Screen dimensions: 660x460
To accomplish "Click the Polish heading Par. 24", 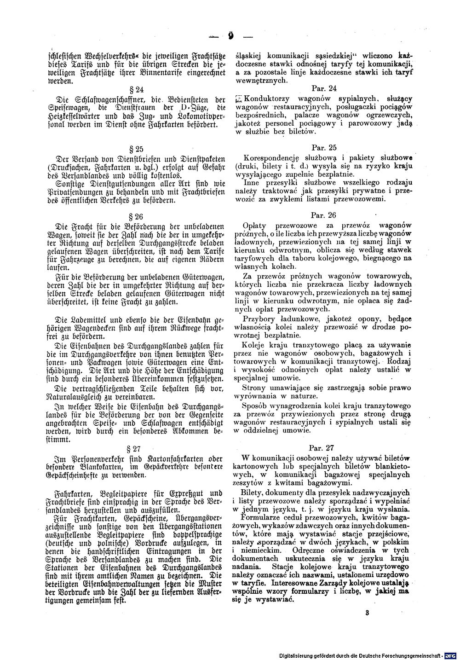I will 324,88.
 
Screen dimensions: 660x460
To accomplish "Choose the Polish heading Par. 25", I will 324,147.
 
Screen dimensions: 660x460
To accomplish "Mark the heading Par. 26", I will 324,214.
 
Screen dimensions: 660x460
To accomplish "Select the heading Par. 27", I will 324,446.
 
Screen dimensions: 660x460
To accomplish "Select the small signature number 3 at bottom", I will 367,613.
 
